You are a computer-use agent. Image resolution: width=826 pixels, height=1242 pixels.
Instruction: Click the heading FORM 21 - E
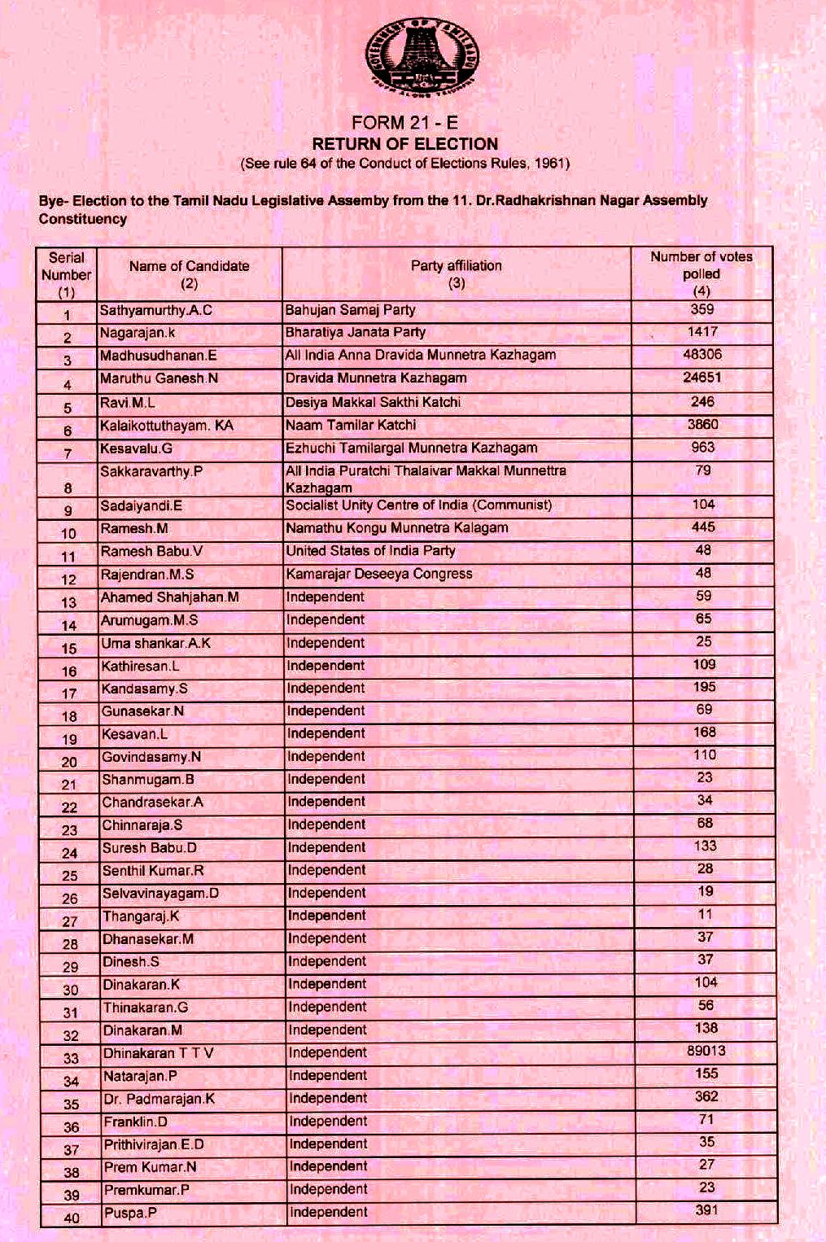[x=404, y=123]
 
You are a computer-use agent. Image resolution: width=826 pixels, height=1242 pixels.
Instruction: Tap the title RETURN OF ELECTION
[x=404, y=144]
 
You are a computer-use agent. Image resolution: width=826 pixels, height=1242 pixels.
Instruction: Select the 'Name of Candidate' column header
[x=189, y=274]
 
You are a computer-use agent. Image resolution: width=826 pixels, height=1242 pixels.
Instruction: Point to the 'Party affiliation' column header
[x=456, y=273]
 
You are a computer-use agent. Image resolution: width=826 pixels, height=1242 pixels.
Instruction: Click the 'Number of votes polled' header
[x=701, y=273]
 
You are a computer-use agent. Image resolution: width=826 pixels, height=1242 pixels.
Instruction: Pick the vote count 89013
[x=706, y=1051]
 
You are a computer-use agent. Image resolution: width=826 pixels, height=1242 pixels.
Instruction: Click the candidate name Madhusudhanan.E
[x=158, y=356]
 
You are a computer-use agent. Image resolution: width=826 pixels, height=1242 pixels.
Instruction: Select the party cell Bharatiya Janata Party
[x=355, y=332]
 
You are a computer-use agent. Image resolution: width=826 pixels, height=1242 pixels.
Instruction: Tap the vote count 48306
[x=702, y=355]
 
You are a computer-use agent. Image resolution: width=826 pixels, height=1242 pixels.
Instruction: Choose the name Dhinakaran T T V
[x=158, y=1053]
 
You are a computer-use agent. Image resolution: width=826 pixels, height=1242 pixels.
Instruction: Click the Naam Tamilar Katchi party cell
[x=350, y=425]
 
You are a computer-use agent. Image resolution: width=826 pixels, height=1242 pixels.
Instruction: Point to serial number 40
[x=71, y=1218]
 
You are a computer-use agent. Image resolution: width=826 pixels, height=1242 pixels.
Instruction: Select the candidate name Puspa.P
[x=130, y=1213]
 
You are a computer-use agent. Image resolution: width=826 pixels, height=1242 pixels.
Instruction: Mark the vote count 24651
[x=702, y=378]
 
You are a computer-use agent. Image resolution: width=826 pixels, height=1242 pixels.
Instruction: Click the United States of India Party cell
[x=370, y=551]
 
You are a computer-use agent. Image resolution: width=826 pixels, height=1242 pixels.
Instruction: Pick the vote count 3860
[x=702, y=424]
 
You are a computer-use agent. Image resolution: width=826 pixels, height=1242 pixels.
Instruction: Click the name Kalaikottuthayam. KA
[x=166, y=425]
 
